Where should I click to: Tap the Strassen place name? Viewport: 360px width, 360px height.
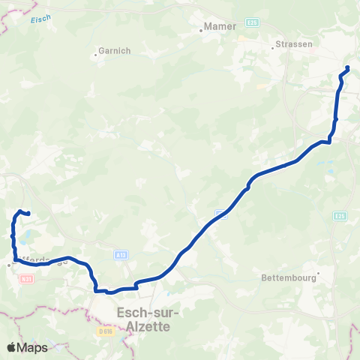point(294,44)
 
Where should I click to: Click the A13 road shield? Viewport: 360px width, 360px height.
point(121,256)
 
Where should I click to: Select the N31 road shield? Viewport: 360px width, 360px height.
point(28,279)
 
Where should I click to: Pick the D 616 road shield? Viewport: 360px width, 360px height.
point(104,330)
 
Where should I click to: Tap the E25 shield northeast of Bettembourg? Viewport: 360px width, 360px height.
point(340,216)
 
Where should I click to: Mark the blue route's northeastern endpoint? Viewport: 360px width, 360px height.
point(348,69)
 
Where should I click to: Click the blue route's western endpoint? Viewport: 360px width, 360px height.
point(27,214)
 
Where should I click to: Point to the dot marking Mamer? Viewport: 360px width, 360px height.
point(202,31)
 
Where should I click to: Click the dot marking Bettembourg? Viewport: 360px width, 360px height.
point(319,273)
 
